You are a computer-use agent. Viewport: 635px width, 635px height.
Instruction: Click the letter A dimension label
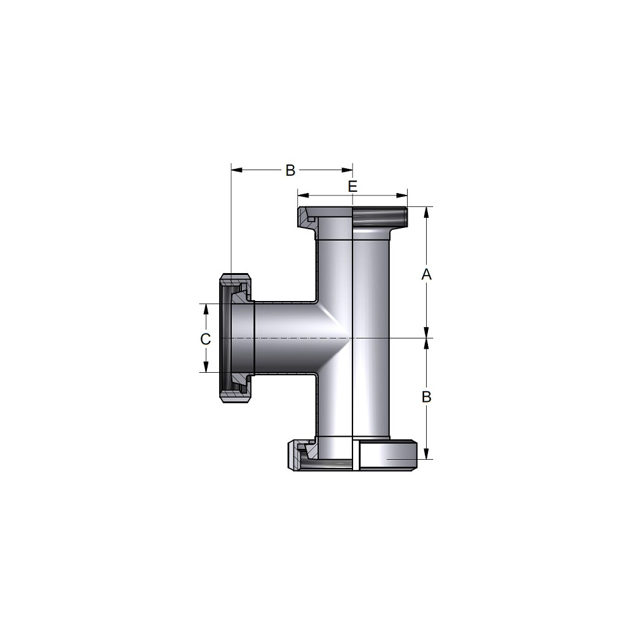click(x=427, y=274)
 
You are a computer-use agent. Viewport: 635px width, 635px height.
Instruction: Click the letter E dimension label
click(x=352, y=187)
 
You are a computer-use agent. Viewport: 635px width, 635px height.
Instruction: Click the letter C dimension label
click(x=206, y=339)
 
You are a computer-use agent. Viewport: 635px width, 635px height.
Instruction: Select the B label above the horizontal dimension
click(x=290, y=170)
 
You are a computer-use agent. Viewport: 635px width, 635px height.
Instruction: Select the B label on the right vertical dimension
click(x=427, y=397)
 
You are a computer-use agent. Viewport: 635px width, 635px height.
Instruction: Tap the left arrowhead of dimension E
click(x=304, y=196)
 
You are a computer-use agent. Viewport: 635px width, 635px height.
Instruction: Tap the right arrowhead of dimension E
click(x=402, y=196)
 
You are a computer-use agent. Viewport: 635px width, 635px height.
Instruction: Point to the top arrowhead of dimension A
click(x=427, y=213)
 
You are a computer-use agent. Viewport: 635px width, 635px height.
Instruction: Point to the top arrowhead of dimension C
click(x=206, y=309)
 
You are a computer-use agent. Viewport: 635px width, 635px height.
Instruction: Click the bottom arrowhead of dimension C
click(x=206, y=366)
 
